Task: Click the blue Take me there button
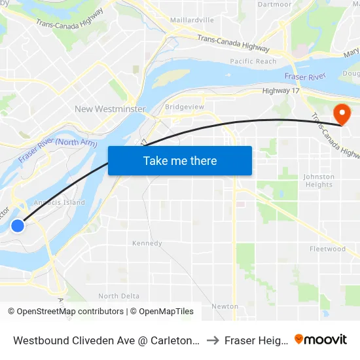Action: pos(180,160)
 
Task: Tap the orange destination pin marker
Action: pos(341,114)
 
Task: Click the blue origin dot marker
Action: pos(18,226)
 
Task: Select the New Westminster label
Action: pos(110,109)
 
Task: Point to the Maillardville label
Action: pos(192,20)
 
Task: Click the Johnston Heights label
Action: pos(319,181)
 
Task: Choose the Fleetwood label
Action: pos(327,249)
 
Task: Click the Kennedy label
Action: pos(147,243)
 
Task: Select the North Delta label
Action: pos(118,297)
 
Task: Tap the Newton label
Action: pos(225,306)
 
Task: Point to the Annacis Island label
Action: pos(63,203)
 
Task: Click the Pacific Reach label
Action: pos(253,62)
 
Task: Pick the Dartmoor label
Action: pos(274,5)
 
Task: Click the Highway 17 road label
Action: pos(280,91)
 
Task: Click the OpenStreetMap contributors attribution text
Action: pos(65,312)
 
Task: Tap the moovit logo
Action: pos(320,340)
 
